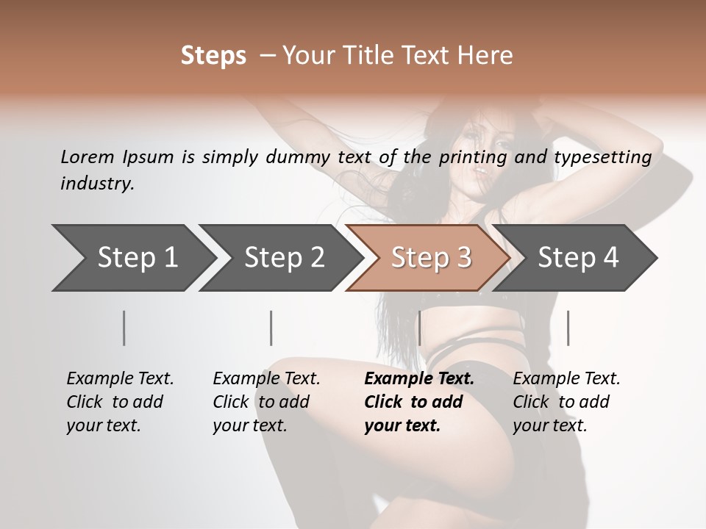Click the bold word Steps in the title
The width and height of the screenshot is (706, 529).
pyautogui.click(x=213, y=56)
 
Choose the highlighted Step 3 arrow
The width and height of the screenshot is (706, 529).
pyautogui.click(x=431, y=258)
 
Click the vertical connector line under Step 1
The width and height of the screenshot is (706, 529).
pyautogui.click(x=124, y=328)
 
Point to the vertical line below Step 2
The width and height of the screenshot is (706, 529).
pyautogui.click(x=271, y=328)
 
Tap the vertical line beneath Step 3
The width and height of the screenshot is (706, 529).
pyautogui.click(x=419, y=328)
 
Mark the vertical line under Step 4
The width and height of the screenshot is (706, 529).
pyautogui.click(x=568, y=328)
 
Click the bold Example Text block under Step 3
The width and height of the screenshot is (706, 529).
pyautogui.click(x=419, y=402)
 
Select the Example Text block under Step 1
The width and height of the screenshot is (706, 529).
pyautogui.click(x=120, y=402)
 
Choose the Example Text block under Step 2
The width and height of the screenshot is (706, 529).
pyautogui.click(x=266, y=402)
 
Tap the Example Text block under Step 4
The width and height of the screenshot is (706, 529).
pyautogui.click(x=566, y=402)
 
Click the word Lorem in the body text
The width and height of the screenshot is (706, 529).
pyautogui.click(x=88, y=157)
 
